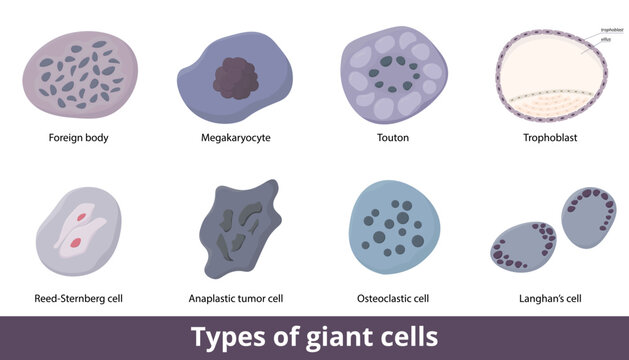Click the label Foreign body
pyautogui.click(x=79, y=138)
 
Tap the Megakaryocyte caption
pyautogui.click(x=236, y=138)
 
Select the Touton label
pyautogui.click(x=393, y=138)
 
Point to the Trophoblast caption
pyautogui.click(x=551, y=138)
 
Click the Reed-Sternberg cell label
pyautogui.click(x=79, y=298)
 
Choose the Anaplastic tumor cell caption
pyautogui.click(x=236, y=298)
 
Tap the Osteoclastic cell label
pyautogui.click(x=393, y=298)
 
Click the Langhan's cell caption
pyautogui.click(x=551, y=298)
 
